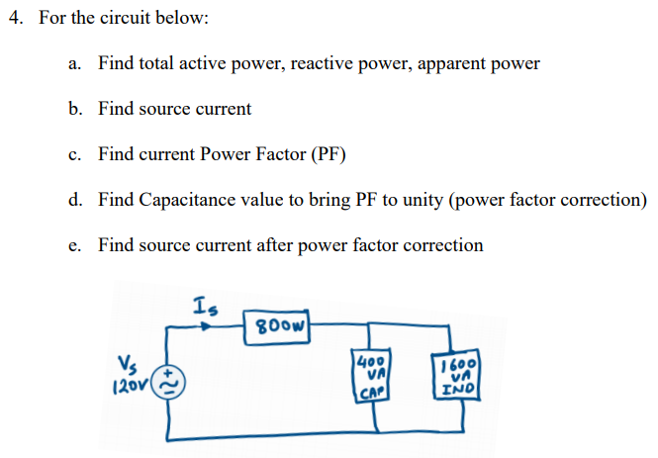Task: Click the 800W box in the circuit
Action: (x=284, y=325)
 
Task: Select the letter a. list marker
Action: (x=75, y=63)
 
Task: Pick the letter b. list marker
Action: (x=75, y=109)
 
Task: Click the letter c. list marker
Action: (x=75, y=154)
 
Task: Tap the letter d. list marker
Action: (x=75, y=200)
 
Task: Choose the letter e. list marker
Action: (x=75, y=244)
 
